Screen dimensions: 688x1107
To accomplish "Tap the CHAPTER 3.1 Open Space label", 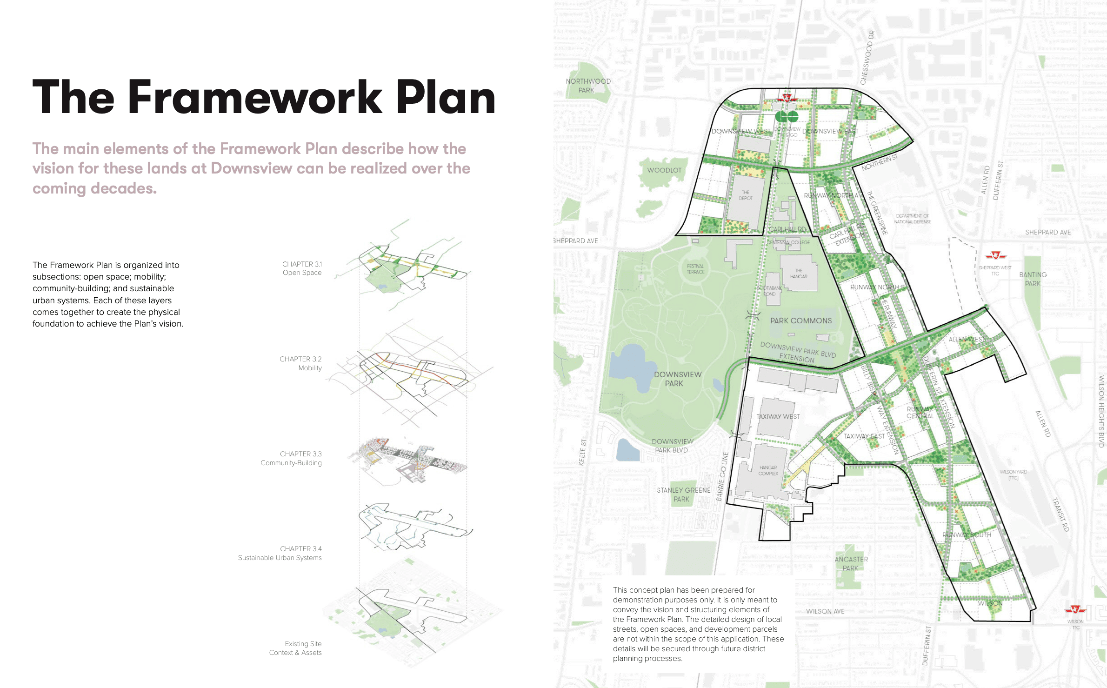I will (x=302, y=268).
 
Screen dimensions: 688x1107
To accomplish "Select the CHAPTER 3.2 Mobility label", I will (x=300, y=363).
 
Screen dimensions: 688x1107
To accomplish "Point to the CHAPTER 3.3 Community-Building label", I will (x=291, y=458).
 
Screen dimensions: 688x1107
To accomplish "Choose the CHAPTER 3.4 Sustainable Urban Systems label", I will (x=280, y=553).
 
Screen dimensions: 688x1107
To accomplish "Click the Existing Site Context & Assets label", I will (x=295, y=648).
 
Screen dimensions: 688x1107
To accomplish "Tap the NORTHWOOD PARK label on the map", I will (x=588, y=86).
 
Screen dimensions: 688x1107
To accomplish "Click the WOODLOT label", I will (x=664, y=170).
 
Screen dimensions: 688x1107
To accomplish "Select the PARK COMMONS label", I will (x=801, y=321).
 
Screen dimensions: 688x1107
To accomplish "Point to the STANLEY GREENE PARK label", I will (x=683, y=494).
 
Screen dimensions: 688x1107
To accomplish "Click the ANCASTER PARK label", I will (x=851, y=564).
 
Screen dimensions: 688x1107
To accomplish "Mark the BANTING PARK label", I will (x=1033, y=279).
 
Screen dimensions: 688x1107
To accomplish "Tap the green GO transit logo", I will (x=787, y=116).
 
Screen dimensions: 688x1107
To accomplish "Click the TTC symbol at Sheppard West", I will (x=995, y=255).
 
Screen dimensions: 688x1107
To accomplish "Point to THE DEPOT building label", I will (x=746, y=195).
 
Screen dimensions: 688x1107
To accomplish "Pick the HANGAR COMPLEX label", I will (x=768, y=470).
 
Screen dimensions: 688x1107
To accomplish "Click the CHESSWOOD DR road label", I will (x=867, y=58).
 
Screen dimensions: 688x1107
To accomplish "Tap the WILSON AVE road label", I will (x=825, y=611).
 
